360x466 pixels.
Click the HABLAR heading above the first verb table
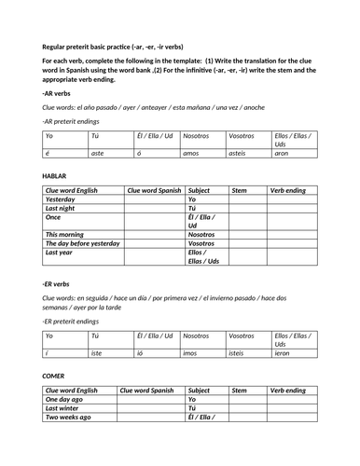click(55, 175)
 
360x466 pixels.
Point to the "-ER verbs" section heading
click(56, 283)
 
